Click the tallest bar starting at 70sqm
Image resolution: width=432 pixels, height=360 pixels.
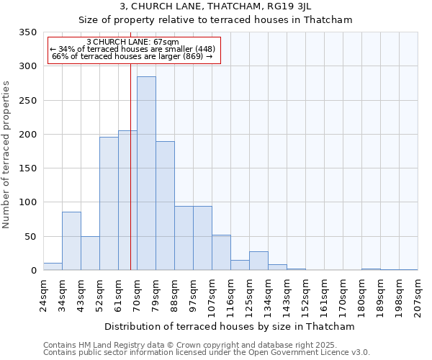click(x=146, y=173)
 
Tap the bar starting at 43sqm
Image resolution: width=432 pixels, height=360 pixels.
click(x=90, y=253)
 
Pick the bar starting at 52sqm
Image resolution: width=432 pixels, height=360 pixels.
click(x=109, y=203)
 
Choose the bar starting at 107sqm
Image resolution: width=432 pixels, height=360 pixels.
click(x=221, y=252)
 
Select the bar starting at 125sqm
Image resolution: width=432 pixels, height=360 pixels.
click(x=258, y=261)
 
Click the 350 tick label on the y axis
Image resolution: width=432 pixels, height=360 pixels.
click(x=27, y=32)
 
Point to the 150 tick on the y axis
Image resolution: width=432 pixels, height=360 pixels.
click(x=27, y=168)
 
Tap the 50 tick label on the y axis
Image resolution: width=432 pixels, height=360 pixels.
click(x=30, y=236)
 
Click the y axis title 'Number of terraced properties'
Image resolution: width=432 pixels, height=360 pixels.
click(x=7, y=155)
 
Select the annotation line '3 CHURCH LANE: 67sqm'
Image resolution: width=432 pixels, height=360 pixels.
click(x=132, y=42)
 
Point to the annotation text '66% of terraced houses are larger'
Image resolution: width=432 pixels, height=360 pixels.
click(x=132, y=56)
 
